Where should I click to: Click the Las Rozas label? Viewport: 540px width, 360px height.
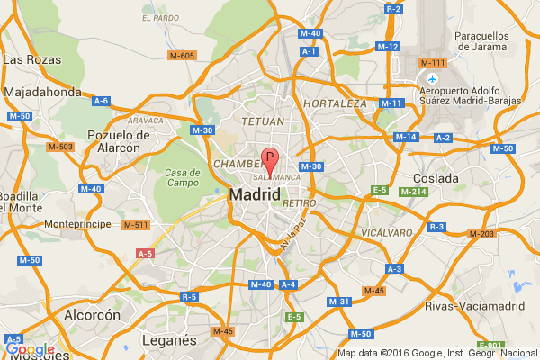(x=32, y=59)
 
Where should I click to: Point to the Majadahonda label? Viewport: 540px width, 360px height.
(x=43, y=92)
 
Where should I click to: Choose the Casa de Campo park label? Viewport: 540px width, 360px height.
(x=181, y=177)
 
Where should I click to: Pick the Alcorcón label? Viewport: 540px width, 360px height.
(x=92, y=316)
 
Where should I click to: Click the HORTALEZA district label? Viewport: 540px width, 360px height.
(x=336, y=103)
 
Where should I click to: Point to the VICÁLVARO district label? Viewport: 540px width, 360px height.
(x=385, y=233)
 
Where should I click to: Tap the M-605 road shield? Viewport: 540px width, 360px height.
(x=181, y=56)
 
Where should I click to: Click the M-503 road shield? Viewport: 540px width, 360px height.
(x=61, y=146)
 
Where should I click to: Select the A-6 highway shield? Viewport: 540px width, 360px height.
(x=102, y=102)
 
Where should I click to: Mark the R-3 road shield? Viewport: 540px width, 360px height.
(x=437, y=226)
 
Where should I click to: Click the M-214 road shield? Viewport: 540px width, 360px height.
(x=412, y=192)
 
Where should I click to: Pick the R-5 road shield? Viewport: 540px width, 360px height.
(x=189, y=296)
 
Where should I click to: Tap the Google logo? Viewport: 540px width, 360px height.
(x=30, y=349)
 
